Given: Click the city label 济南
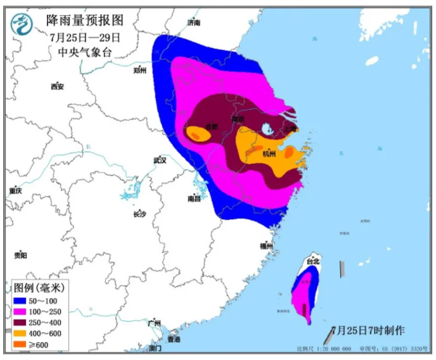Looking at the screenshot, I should click(194, 23).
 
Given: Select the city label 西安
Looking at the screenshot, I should click(58, 86).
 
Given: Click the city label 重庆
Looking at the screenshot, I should click(15, 191).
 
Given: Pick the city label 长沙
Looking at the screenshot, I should click(139, 214).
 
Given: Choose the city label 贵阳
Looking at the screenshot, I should click(20, 255).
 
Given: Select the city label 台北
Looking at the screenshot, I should click(313, 261).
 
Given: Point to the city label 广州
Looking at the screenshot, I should click(154, 323).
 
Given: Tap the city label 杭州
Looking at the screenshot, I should click(269, 153).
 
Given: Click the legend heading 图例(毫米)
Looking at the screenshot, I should click(39, 287).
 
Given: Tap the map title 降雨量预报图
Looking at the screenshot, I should click(84, 22).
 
